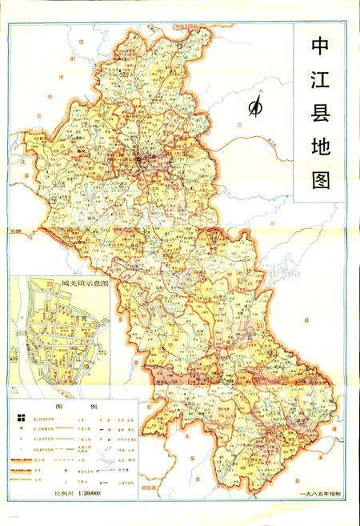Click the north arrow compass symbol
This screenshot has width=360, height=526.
click(257, 106)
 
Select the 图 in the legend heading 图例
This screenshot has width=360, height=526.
click(59, 407)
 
